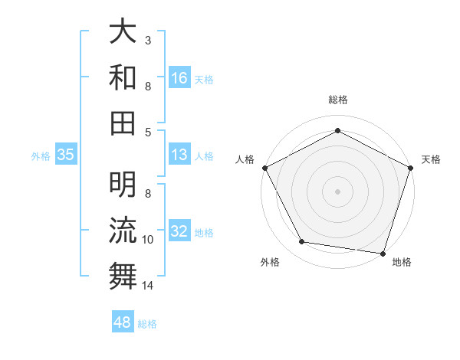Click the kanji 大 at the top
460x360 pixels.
[123, 33]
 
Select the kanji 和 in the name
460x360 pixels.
[123, 77]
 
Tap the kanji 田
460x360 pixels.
[123, 122]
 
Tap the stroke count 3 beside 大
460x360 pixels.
[147, 40]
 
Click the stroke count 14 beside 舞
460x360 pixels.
[149, 286]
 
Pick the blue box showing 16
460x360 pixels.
[179, 78]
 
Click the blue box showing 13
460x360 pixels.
[179, 155]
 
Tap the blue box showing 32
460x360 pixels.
[179, 232]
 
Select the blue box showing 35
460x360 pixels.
[66, 155]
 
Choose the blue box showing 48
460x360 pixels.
[123, 322]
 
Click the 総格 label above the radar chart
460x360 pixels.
[337, 100]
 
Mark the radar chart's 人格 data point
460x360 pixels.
[264, 167]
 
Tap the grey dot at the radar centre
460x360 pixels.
[337, 191]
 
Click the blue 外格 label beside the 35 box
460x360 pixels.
[41, 156]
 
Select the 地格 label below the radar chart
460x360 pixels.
[402, 263]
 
